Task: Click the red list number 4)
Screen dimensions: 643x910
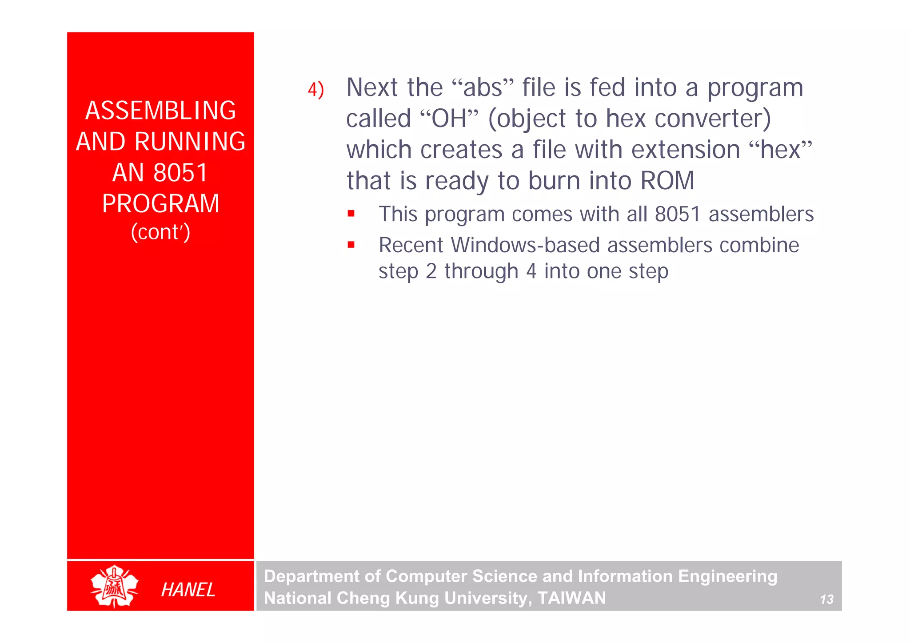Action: coord(316,90)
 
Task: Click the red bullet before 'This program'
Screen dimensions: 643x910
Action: coord(351,214)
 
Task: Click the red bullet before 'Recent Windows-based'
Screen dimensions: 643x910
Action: coord(351,245)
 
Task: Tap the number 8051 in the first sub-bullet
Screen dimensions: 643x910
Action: coord(677,214)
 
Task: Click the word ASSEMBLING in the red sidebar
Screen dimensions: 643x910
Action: coord(160,111)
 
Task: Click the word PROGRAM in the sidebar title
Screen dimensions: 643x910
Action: coord(160,204)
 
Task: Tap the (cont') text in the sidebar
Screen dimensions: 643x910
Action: coord(160,232)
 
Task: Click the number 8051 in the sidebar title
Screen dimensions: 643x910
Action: coord(180,173)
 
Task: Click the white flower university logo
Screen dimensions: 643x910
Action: coord(114,586)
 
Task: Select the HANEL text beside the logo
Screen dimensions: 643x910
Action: coord(188,590)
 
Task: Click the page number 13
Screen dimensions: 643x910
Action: coord(826,599)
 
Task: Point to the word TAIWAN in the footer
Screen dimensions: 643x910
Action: coord(571,598)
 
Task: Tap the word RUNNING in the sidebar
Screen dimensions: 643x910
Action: coord(190,142)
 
